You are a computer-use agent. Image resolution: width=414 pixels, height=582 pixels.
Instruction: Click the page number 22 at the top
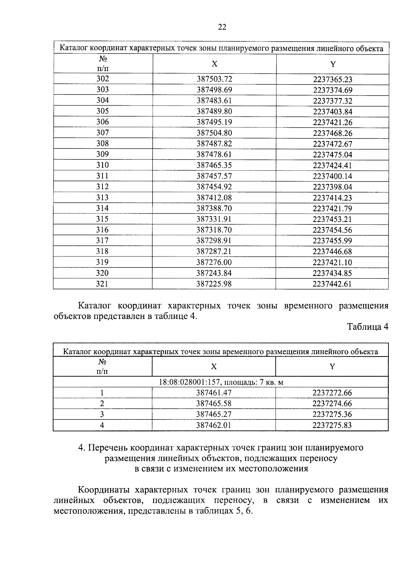222,27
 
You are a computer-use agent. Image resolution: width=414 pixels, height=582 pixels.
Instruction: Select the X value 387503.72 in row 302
214,79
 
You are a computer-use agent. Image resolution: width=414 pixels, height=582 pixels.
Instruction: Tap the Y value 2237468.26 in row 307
332,133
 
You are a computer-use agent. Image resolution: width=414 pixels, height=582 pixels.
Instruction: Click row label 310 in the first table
102,165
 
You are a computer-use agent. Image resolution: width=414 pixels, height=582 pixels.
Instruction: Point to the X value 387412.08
214,198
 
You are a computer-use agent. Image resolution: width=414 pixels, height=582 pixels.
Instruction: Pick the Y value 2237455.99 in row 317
332,241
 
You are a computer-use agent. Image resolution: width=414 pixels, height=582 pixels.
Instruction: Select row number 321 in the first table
102,284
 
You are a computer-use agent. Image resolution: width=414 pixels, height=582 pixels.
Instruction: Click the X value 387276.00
214,262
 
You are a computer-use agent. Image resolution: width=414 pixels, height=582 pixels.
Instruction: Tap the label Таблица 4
367,327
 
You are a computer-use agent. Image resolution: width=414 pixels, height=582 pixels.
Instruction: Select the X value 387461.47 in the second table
214,393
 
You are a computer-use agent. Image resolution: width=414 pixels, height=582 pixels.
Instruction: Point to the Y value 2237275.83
332,425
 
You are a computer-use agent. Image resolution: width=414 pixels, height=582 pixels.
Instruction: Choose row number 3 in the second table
102,414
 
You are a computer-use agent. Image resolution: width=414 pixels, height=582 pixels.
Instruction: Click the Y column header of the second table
332,367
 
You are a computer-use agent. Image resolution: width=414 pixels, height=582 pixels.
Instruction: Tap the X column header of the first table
214,64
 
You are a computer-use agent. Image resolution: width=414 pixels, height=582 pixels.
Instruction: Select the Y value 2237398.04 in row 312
332,187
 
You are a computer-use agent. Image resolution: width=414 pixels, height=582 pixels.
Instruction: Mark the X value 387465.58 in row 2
214,404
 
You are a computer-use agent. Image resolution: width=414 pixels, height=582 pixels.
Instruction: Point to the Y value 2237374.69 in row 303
332,90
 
